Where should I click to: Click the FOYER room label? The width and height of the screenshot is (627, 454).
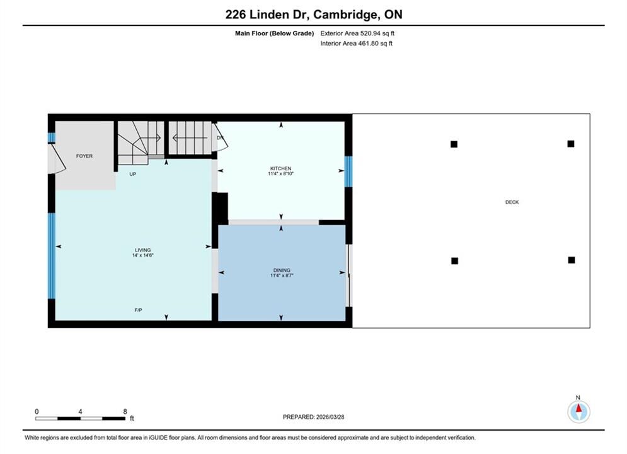(84, 156)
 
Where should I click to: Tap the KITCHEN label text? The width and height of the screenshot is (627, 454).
(280, 168)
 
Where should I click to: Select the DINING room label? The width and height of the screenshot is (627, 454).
(282, 270)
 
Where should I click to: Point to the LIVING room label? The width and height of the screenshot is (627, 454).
(143, 250)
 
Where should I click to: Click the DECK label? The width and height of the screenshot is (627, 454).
(512, 202)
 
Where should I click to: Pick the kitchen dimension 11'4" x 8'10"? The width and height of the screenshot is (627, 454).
(280, 173)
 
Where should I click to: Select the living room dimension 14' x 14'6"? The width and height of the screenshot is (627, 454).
(143, 255)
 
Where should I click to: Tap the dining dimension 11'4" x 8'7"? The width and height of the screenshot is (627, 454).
(282, 275)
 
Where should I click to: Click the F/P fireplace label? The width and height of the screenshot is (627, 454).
(139, 310)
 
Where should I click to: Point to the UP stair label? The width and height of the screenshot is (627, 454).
(133, 174)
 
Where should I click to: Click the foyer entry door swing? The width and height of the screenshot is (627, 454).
(56, 159)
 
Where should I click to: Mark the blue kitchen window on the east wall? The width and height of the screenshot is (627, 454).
(348, 172)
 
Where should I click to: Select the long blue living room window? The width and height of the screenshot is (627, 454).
(52, 256)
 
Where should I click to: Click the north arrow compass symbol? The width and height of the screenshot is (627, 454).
(578, 412)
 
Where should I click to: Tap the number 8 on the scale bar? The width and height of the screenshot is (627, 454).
(125, 411)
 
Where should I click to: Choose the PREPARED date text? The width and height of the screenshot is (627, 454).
(314, 417)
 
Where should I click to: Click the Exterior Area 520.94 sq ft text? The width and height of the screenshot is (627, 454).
(357, 33)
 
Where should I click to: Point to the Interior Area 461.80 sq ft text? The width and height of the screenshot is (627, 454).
(356, 44)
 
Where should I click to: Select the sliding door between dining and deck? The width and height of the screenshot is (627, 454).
(349, 276)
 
